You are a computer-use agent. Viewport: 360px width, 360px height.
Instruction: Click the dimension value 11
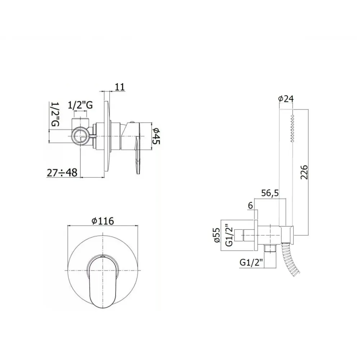click(x=120, y=87)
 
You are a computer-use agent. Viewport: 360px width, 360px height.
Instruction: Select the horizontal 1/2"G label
click(x=80, y=105)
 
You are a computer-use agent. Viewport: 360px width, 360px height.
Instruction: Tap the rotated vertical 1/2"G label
click(x=55, y=114)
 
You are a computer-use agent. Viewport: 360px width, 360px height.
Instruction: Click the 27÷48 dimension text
click(x=62, y=172)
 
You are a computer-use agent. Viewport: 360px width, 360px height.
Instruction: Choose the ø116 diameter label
click(x=103, y=221)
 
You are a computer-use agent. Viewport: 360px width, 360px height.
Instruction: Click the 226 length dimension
click(x=304, y=172)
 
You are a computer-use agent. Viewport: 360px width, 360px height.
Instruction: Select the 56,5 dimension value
click(x=270, y=193)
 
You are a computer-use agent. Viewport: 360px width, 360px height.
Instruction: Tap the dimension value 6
click(x=251, y=206)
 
